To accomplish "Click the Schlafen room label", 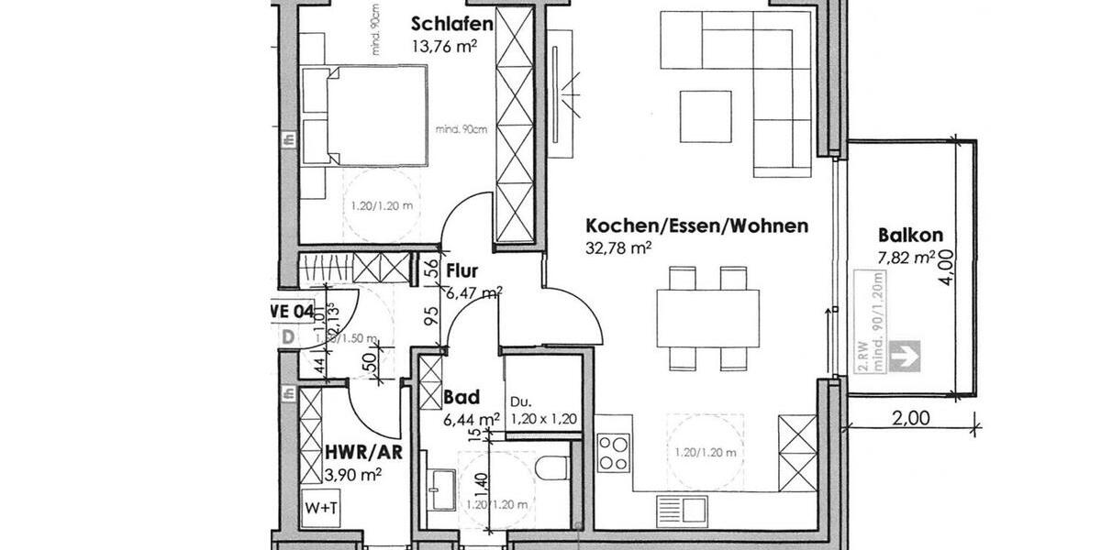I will click(452, 24).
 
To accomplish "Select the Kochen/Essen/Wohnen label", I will click(696, 225).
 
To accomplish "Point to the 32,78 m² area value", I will click(618, 247).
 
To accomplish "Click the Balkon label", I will click(909, 235).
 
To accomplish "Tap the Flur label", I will click(464, 271).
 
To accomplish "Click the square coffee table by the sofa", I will click(706, 111).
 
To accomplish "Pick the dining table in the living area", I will click(707, 317).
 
